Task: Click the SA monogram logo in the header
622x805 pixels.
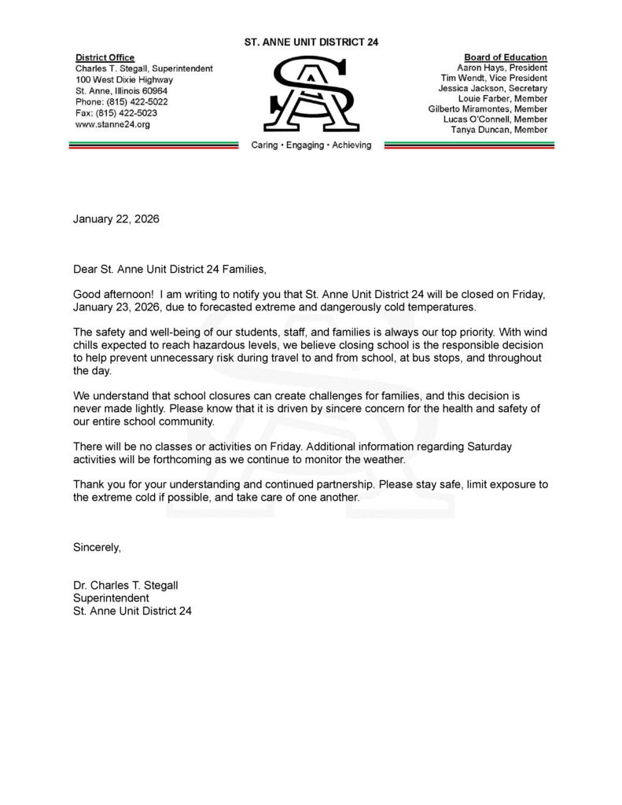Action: point(311,94)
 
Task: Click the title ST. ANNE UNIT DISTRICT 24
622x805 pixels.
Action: point(311,42)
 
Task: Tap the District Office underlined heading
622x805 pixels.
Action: point(105,57)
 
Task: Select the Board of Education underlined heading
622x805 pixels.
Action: point(506,57)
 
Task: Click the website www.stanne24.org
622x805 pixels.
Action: point(112,123)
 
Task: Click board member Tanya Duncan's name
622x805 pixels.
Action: point(499,130)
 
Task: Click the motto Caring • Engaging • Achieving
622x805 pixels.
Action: point(311,145)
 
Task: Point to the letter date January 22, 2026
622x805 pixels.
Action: point(116,219)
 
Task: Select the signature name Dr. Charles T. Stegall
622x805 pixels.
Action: point(125,585)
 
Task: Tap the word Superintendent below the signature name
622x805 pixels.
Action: point(111,597)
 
